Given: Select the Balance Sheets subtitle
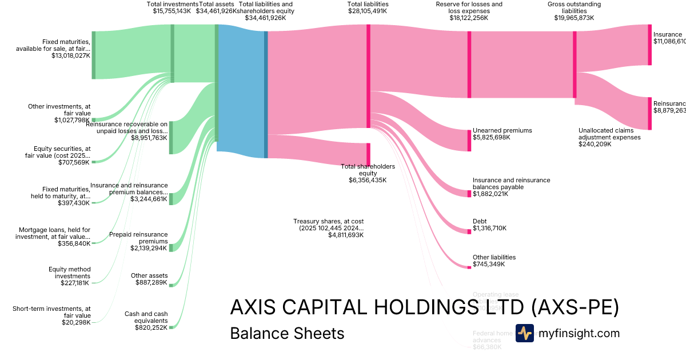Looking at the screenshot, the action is coord(287,333).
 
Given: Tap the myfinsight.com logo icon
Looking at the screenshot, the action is coord(524,333).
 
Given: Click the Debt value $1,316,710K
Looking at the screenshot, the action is coord(489,229).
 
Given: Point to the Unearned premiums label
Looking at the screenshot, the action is coord(502,130).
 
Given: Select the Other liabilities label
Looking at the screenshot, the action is coord(494,257).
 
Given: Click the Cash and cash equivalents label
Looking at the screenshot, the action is coord(146,317).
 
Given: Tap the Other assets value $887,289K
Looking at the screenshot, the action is coord(151,283).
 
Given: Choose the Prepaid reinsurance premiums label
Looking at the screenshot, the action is coord(138,238).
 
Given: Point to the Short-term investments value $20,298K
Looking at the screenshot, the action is coord(76,323).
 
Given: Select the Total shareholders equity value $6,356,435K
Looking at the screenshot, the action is coord(368,180).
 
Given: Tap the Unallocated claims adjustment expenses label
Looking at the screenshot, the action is coord(609,133).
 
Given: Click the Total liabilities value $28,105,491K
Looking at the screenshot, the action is coord(368,11).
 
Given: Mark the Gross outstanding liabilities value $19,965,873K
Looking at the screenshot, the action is coord(574,18).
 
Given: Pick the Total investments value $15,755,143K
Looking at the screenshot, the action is coord(171,11).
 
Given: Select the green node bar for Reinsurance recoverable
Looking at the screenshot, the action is coord(170,137).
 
